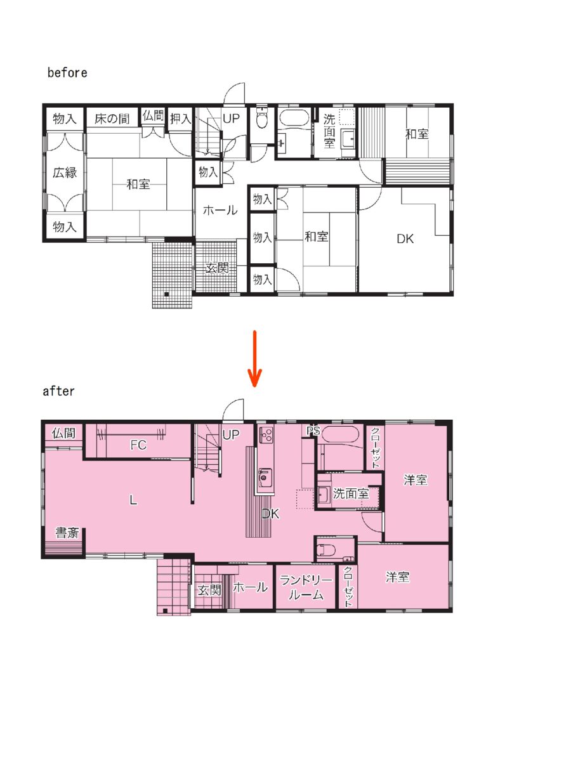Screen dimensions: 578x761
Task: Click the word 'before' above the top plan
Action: point(67,73)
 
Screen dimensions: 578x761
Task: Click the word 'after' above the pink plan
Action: point(58,391)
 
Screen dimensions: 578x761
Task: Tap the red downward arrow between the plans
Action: point(254,358)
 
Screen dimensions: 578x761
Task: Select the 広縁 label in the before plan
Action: point(65,172)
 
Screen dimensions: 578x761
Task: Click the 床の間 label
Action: point(112,119)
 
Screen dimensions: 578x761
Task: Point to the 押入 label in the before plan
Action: point(181,119)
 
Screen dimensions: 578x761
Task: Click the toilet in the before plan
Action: point(263,117)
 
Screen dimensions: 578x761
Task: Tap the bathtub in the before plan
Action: point(294,118)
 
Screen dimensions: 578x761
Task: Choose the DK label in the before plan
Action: point(405,238)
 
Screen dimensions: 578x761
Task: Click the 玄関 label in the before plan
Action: point(217,268)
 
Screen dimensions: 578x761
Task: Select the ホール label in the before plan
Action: point(220,210)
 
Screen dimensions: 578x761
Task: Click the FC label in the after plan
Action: point(138,445)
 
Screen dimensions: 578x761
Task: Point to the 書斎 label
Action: point(67,533)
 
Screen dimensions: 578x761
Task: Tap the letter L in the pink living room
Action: point(133,500)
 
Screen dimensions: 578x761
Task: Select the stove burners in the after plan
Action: point(266,434)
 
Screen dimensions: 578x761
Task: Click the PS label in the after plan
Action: point(313,431)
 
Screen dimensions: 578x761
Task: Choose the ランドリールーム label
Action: point(306,587)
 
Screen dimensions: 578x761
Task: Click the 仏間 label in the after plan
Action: point(63,433)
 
